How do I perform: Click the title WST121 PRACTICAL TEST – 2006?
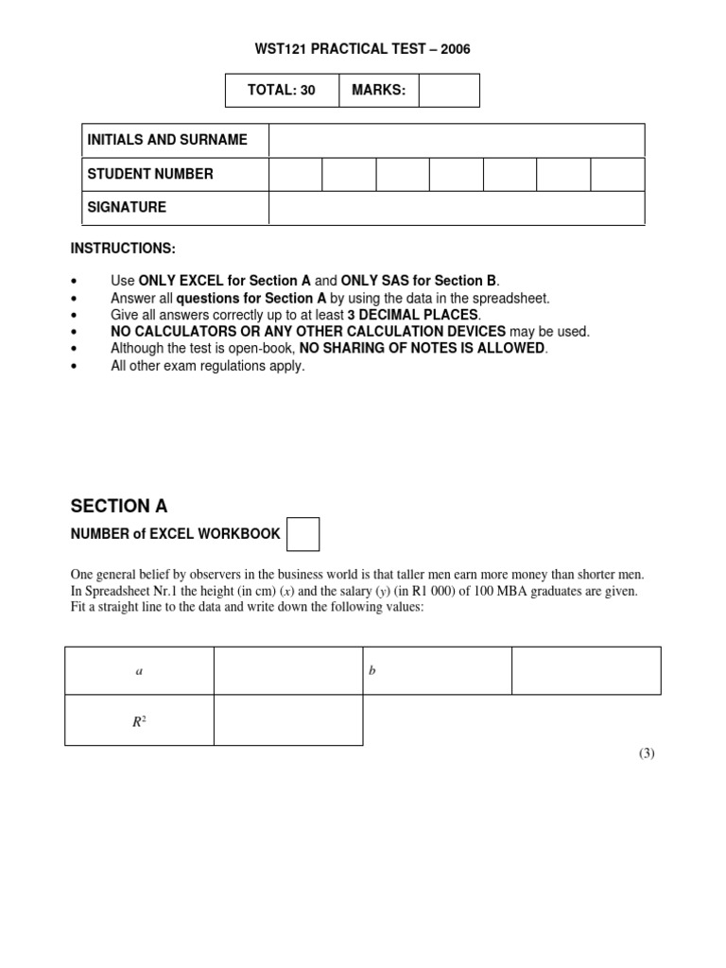point(362,49)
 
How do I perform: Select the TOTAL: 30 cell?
point(281,91)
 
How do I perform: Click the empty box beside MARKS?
point(449,91)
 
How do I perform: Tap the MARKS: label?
point(378,91)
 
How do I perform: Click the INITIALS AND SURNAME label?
point(167,140)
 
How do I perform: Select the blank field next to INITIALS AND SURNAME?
point(457,140)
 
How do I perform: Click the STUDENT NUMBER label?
point(150,174)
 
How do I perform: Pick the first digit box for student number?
point(296,174)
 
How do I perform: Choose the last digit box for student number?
point(617,174)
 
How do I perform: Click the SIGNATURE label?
point(127,207)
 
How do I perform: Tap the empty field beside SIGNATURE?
point(457,208)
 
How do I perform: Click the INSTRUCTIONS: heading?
point(123,249)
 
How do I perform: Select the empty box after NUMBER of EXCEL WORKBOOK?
point(302,534)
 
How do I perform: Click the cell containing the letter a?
point(139,671)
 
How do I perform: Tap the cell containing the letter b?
point(438,671)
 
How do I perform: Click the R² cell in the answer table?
point(139,720)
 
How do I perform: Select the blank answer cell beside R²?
point(288,720)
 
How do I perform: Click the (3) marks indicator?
point(646,753)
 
